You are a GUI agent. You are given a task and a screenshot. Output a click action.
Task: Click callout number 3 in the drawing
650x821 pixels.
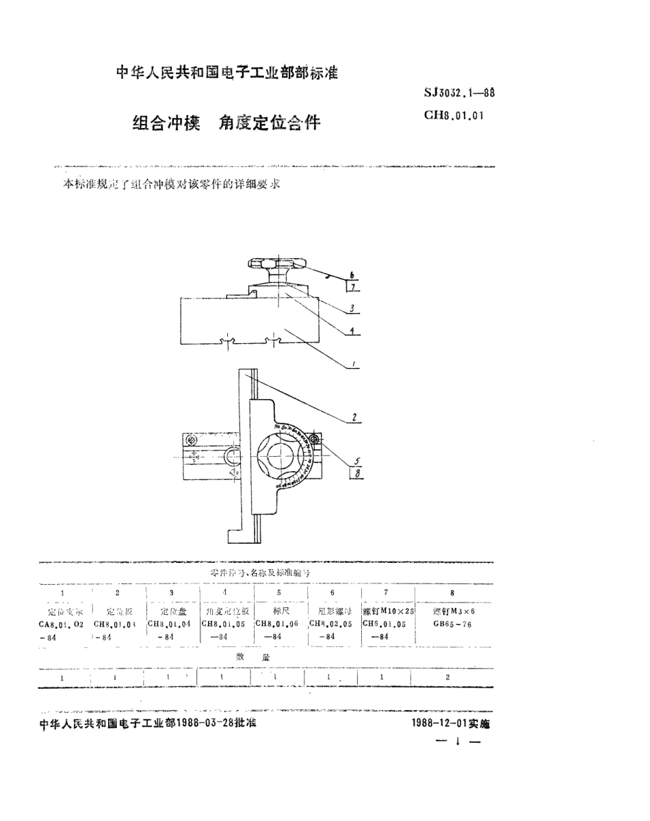(352, 308)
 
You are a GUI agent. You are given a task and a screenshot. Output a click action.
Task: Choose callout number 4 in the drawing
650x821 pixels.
(352, 330)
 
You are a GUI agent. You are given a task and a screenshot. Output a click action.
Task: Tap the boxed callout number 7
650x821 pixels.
(354, 288)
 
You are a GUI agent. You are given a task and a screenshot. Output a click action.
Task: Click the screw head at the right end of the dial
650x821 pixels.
(315, 439)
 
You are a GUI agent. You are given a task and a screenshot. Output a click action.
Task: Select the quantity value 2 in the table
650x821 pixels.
(447, 677)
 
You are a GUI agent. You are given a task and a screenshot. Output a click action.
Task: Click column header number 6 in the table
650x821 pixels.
(332, 593)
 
